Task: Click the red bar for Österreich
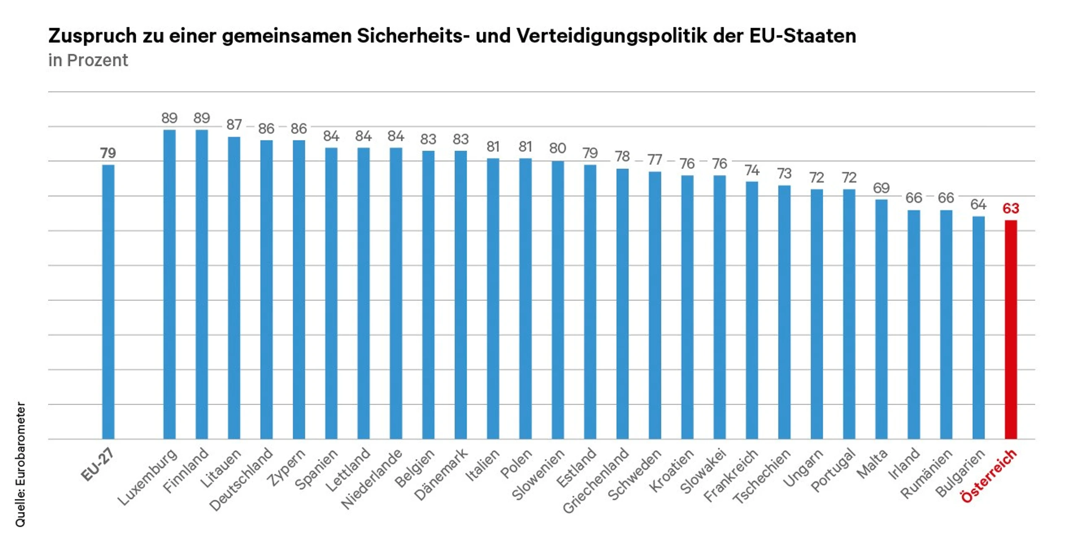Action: [1010, 329]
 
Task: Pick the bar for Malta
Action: [881, 319]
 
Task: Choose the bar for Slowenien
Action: [558, 300]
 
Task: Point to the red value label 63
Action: [1011, 208]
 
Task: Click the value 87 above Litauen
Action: [234, 125]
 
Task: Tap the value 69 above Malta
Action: [881, 188]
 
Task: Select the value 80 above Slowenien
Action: [558, 148]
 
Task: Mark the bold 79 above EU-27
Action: [108, 153]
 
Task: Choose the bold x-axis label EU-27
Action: [98, 465]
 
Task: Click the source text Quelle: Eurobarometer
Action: [20, 464]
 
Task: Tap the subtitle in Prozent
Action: [88, 60]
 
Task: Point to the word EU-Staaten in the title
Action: [803, 36]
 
